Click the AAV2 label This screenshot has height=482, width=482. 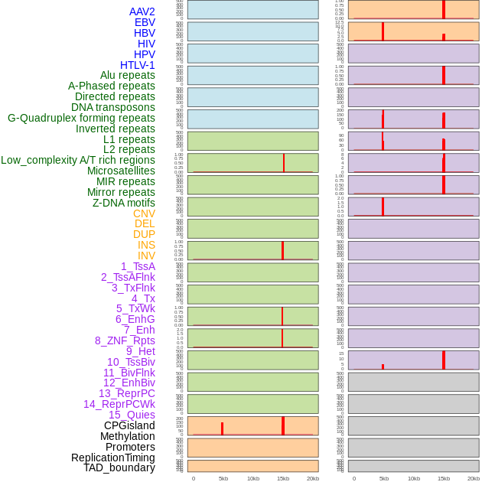coord(142,11)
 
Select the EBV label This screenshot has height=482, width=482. coord(144,22)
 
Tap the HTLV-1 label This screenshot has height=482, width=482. coord(137,65)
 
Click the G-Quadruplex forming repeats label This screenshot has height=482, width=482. coord(81,118)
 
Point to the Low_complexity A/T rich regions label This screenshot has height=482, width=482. coord(78,160)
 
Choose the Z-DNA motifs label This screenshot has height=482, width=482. coord(123,203)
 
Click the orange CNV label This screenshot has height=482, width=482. coord(144,213)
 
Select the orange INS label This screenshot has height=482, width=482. coord(146,245)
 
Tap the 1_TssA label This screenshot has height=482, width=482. coord(138,266)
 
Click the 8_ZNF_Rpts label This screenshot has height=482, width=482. coord(125,340)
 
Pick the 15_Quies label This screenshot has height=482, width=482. coord(132,415)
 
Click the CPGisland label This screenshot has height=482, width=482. coord(129,425)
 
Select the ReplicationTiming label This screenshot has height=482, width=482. coord(112,458)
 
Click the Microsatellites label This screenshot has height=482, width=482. coord(121,171)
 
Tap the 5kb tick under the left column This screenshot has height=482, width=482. coord(223,478)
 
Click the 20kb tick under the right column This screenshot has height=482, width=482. coord(474,478)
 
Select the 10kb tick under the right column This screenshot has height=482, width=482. coord(414,478)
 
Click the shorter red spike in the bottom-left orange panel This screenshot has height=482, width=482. coord(222,428)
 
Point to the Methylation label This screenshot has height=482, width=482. coord(127,436)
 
